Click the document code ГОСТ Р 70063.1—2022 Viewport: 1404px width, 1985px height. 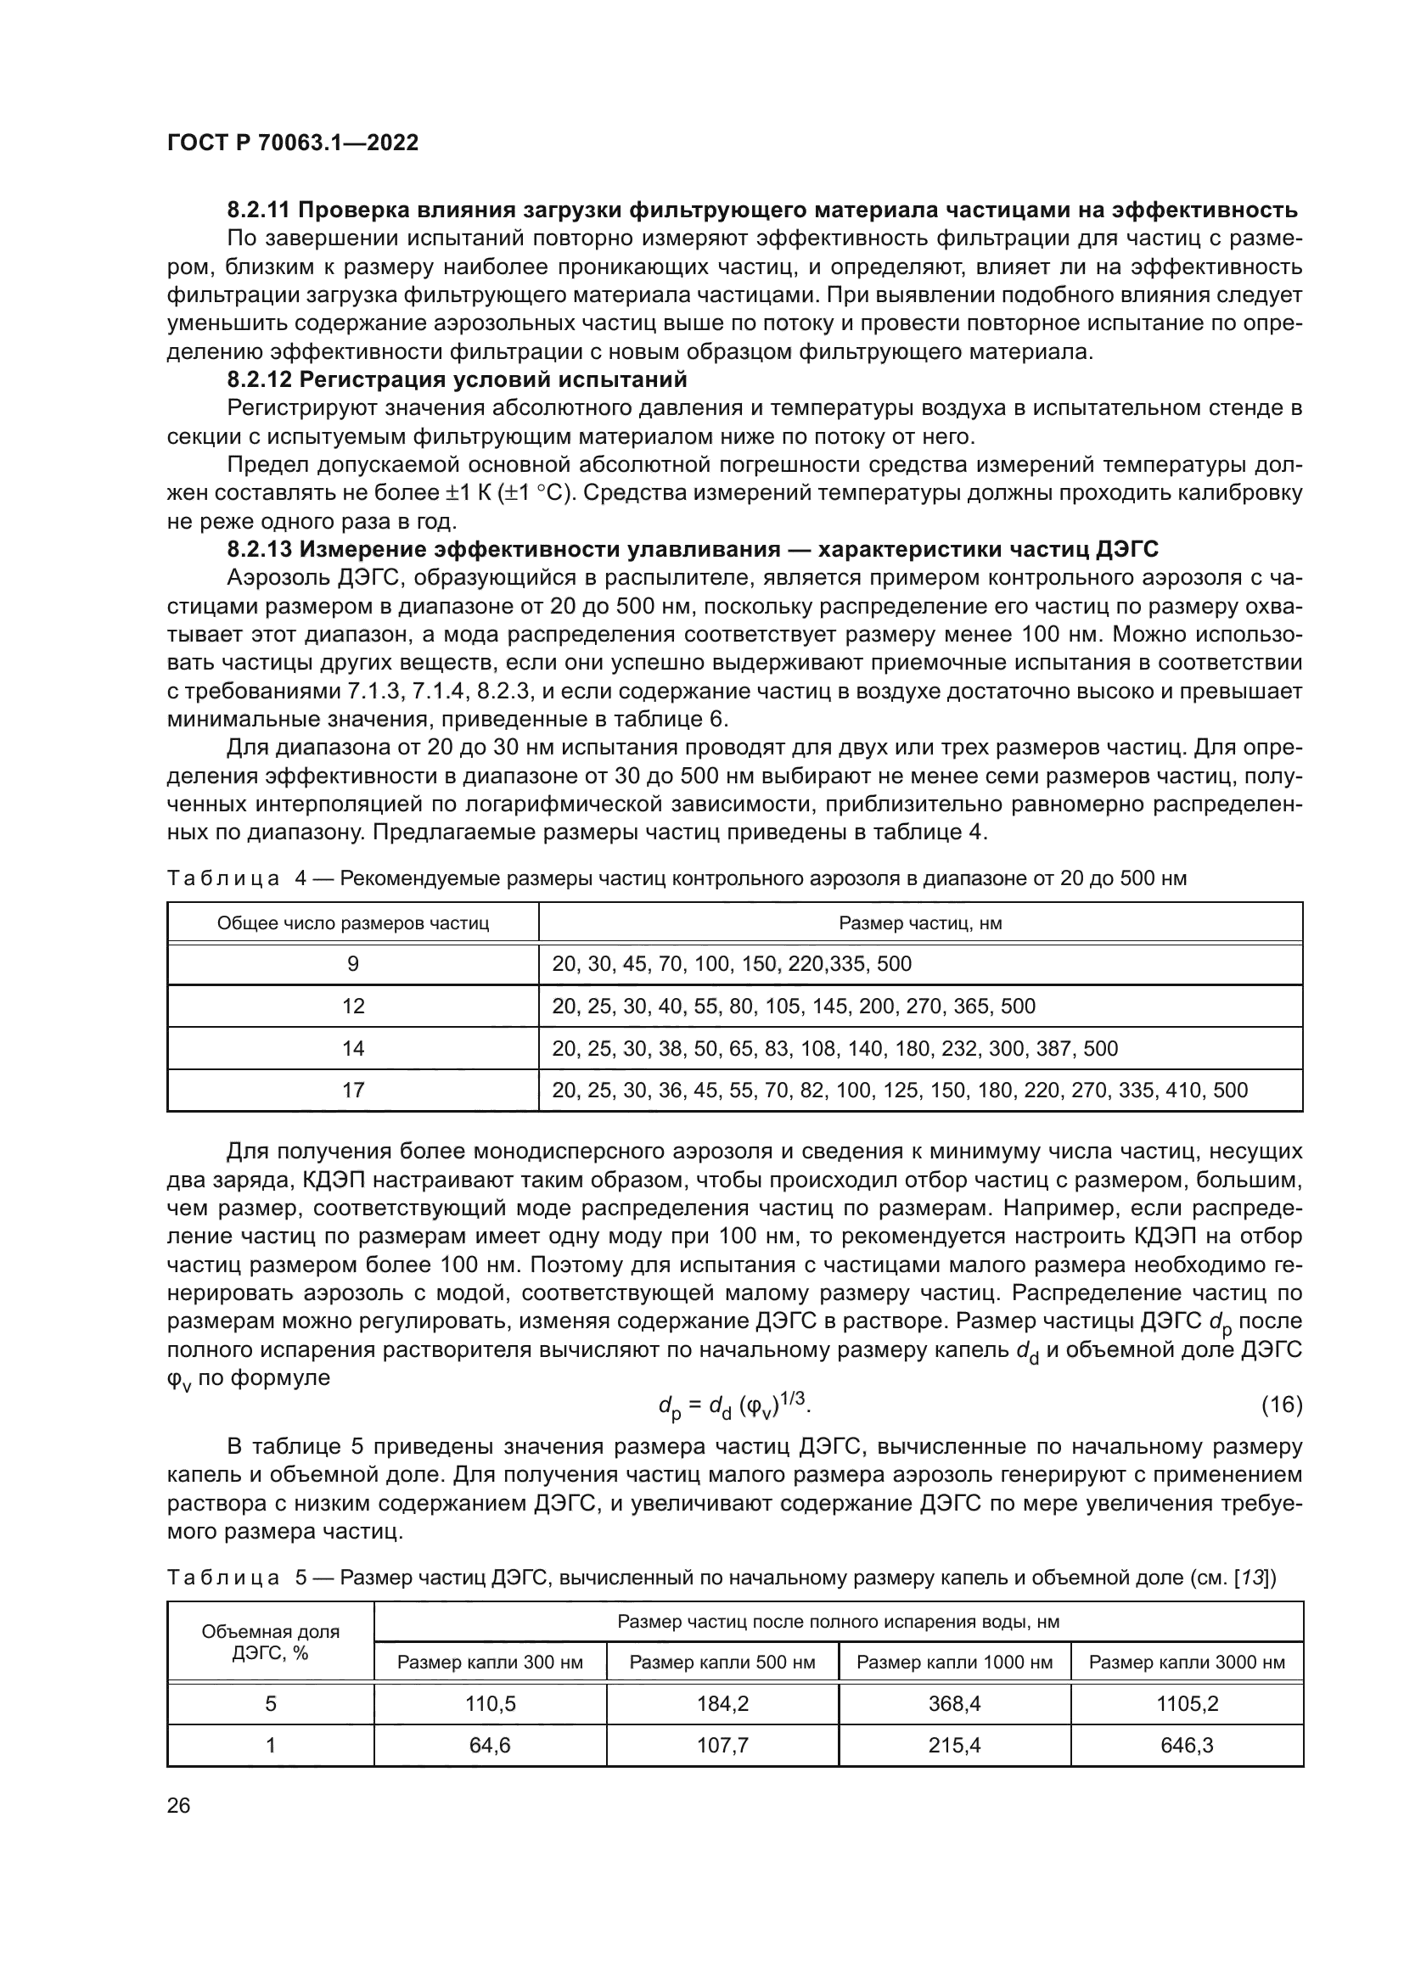(292, 143)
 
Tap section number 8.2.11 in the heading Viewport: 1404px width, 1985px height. (260, 210)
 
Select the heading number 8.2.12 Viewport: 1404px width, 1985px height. (260, 379)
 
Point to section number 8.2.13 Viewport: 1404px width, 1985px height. (260, 550)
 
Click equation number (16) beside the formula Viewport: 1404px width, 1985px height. (1281, 1405)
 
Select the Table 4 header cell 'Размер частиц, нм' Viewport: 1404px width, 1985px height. (920, 923)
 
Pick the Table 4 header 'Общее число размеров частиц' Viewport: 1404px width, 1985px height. (353, 923)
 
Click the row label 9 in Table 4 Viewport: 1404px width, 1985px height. (353, 964)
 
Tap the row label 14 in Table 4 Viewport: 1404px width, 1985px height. (353, 1049)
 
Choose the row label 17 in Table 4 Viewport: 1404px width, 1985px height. (353, 1091)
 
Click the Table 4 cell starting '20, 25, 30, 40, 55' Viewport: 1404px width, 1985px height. (793, 1007)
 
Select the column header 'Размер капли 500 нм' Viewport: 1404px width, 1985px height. (722, 1663)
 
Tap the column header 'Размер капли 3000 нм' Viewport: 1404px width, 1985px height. (1186, 1663)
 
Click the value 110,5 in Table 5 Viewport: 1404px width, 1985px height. (490, 1704)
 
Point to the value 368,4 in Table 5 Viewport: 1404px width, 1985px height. (953, 1704)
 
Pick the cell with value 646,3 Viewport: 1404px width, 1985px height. (1186, 1746)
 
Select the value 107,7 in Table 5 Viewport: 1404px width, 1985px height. (722, 1746)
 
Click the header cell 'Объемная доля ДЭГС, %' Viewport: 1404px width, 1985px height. (271, 1642)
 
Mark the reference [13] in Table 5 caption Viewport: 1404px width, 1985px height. (1251, 1578)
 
